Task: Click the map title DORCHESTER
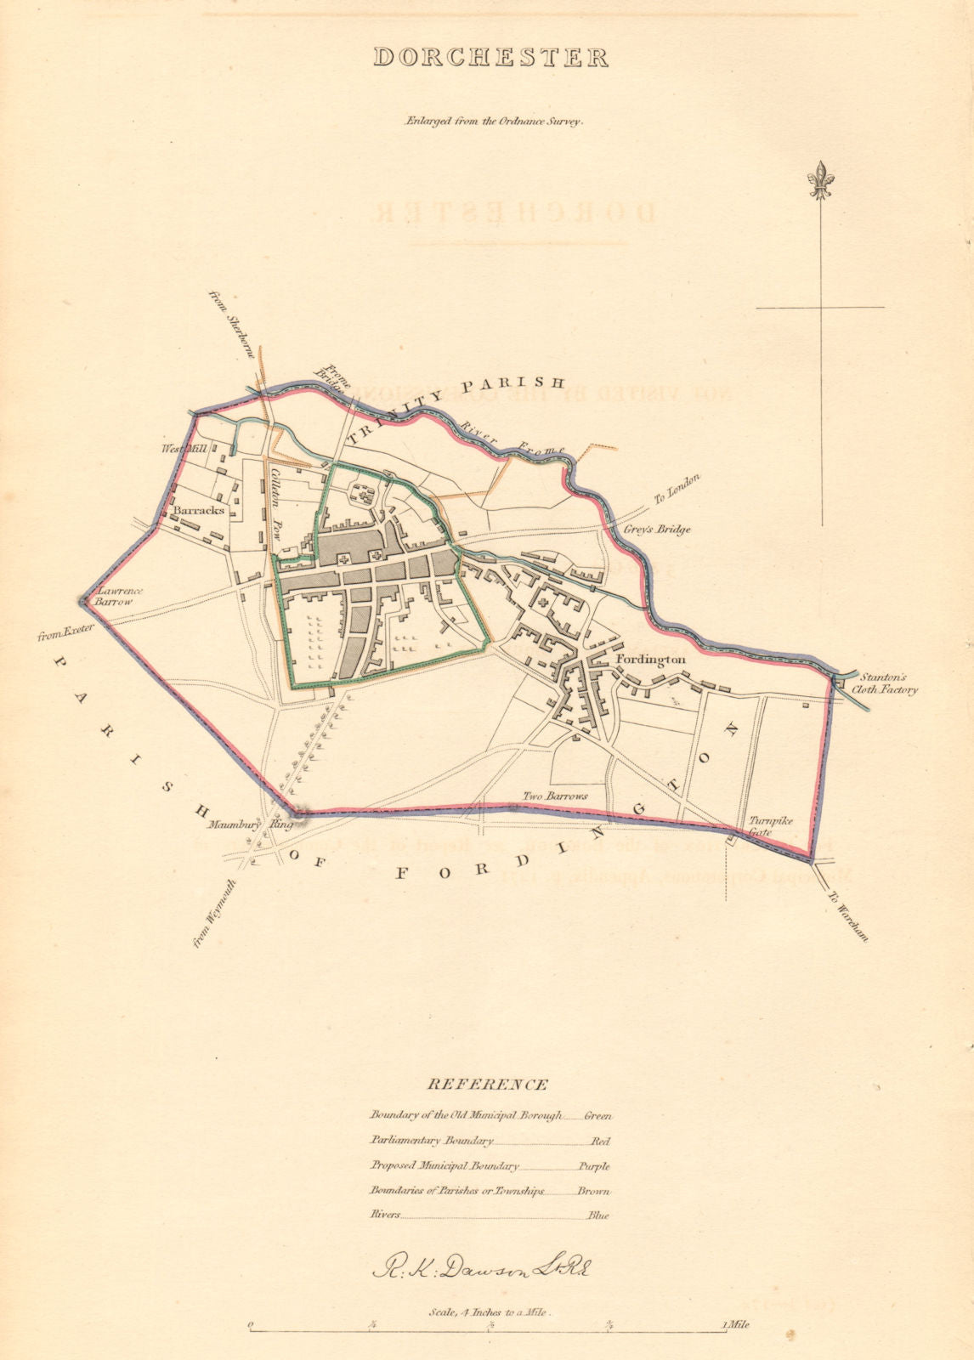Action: click(x=491, y=57)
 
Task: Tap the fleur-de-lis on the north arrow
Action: click(x=821, y=179)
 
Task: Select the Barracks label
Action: click(x=199, y=510)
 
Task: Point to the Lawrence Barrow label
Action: click(x=120, y=595)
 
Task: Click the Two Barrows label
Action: click(x=556, y=796)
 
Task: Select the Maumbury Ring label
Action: click(x=249, y=824)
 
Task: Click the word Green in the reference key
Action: click(x=597, y=1115)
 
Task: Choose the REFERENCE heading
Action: click(x=487, y=1085)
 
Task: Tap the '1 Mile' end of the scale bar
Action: click(x=735, y=1324)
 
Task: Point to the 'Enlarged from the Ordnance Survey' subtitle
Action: click(x=492, y=121)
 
